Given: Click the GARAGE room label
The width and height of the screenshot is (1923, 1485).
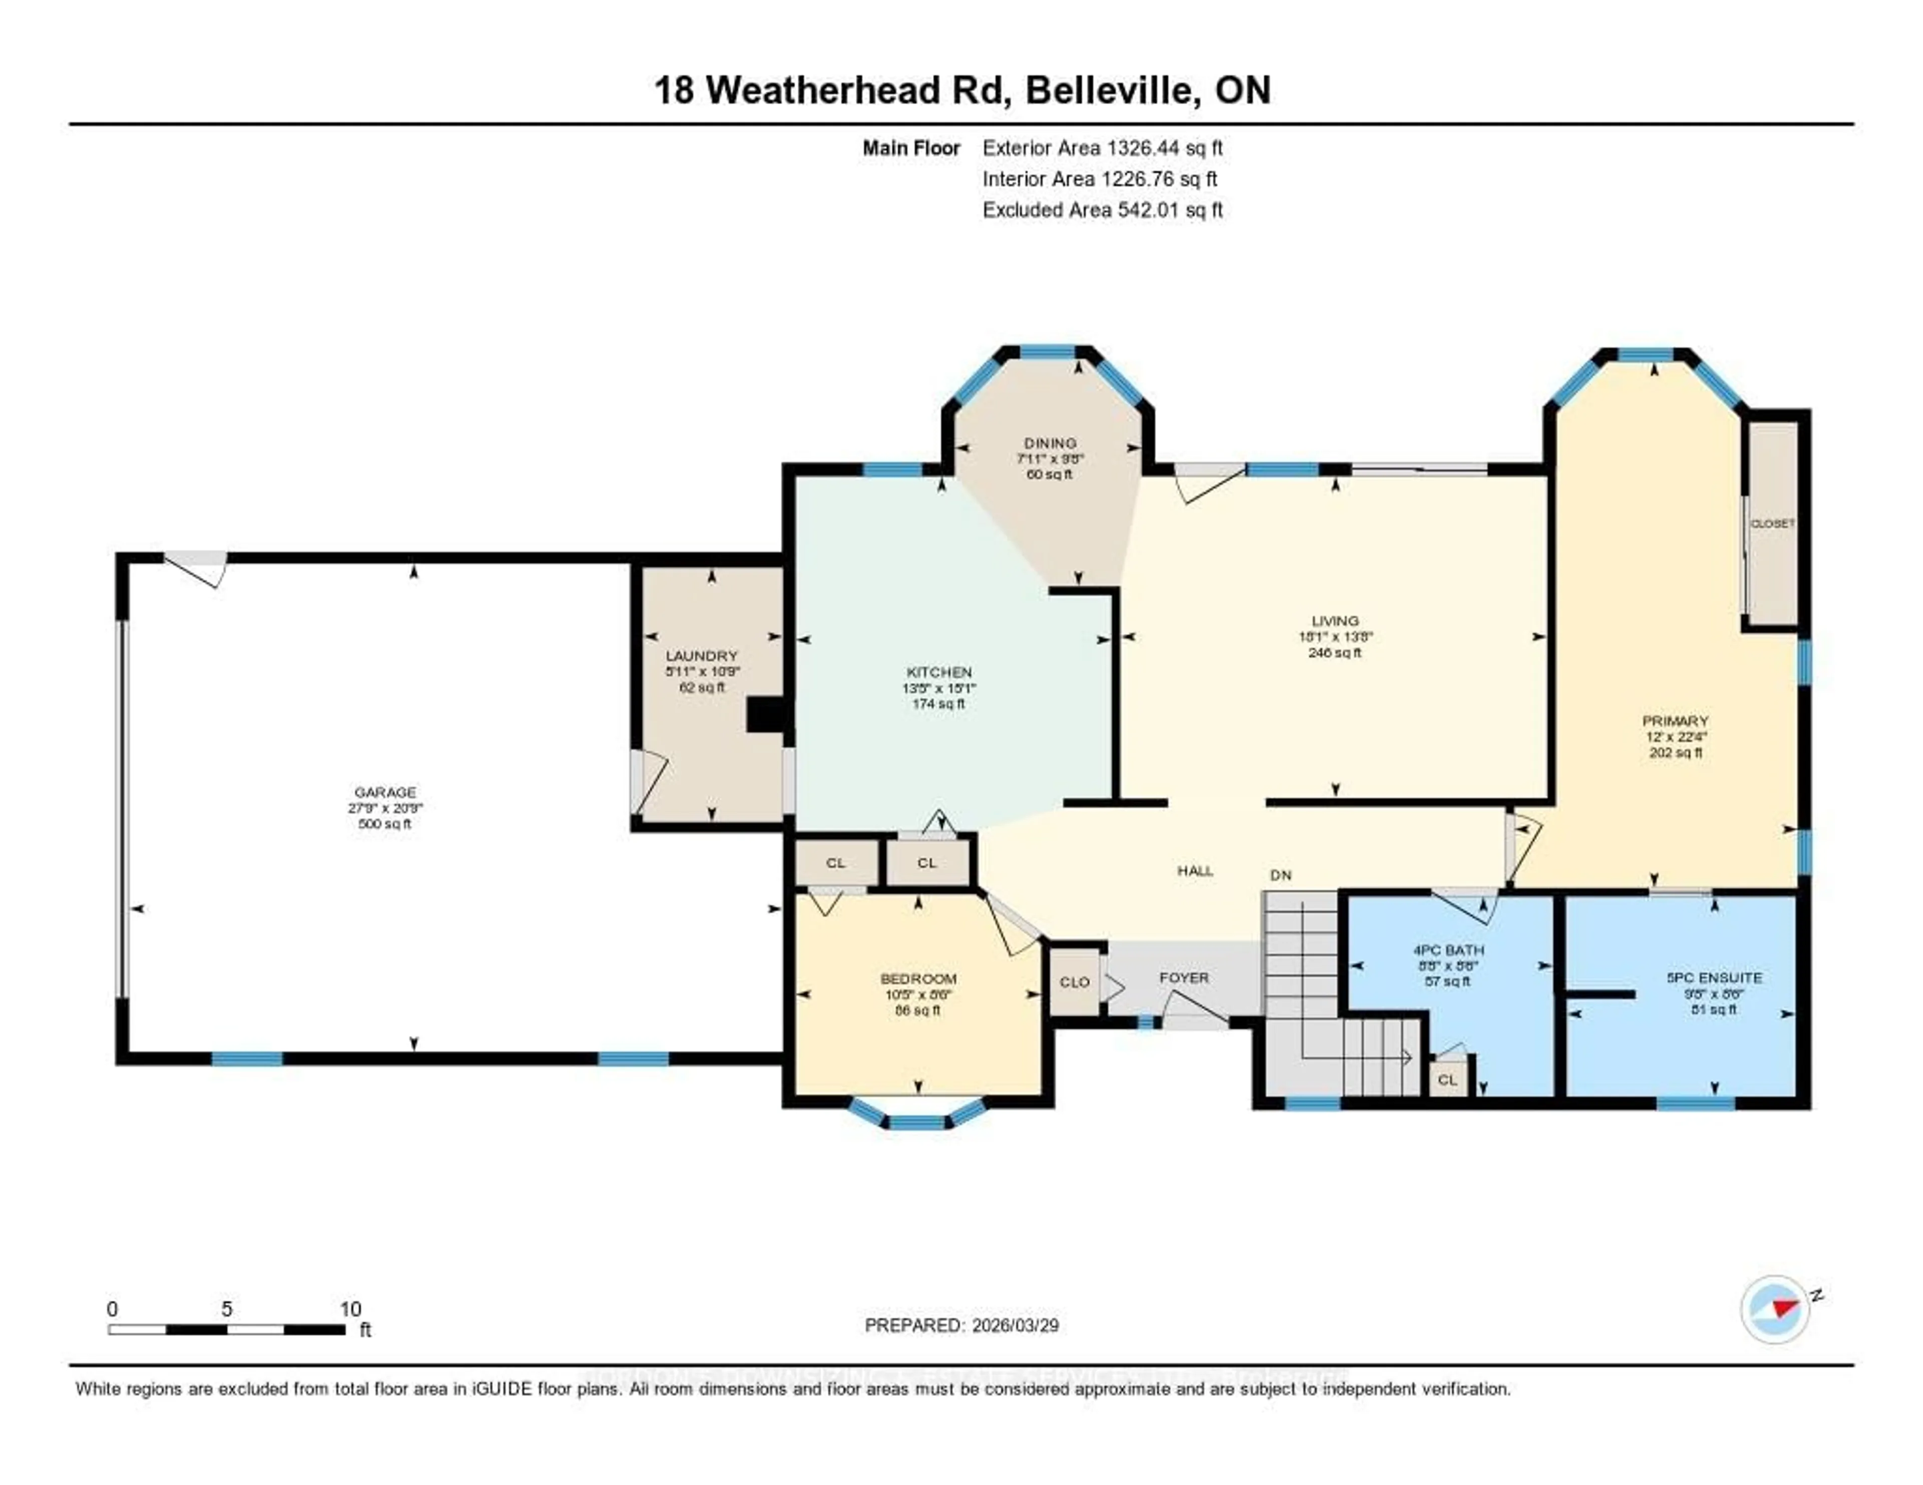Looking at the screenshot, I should [x=385, y=792].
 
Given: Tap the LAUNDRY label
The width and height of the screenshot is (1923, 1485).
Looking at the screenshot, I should [x=702, y=656].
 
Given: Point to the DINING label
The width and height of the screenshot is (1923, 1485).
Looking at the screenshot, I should [x=1050, y=443].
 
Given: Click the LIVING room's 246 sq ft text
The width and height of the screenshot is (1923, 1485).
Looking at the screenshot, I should [x=1335, y=652].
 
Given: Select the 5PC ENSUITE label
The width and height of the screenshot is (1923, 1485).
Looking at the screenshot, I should [x=1714, y=977].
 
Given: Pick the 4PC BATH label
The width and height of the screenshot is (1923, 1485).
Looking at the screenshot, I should [x=1448, y=950].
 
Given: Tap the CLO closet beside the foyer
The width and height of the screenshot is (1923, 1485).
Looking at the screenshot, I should [x=1074, y=981].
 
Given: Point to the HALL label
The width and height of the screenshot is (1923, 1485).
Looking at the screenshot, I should [x=1195, y=871].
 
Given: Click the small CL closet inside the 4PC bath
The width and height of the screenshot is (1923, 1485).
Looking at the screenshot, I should [x=1448, y=1079].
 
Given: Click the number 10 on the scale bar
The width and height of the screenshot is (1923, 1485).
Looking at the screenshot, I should [x=351, y=1309].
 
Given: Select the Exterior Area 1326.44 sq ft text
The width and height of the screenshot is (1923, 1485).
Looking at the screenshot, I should [x=1102, y=148].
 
